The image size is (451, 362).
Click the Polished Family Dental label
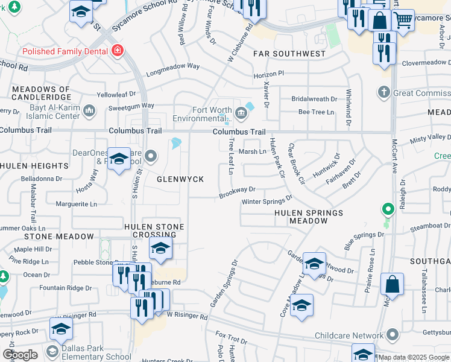(x=66, y=52)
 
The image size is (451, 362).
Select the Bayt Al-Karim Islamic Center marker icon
(x=90, y=110)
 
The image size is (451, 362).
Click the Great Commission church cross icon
(x=383, y=92)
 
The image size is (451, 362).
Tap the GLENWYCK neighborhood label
(x=177, y=179)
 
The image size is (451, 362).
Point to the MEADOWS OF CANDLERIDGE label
(x=40, y=93)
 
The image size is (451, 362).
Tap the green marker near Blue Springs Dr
(x=389, y=210)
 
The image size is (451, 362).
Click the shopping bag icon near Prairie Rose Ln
(x=392, y=284)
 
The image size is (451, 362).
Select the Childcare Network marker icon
(x=393, y=335)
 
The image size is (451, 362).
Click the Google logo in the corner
(x=20, y=355)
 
